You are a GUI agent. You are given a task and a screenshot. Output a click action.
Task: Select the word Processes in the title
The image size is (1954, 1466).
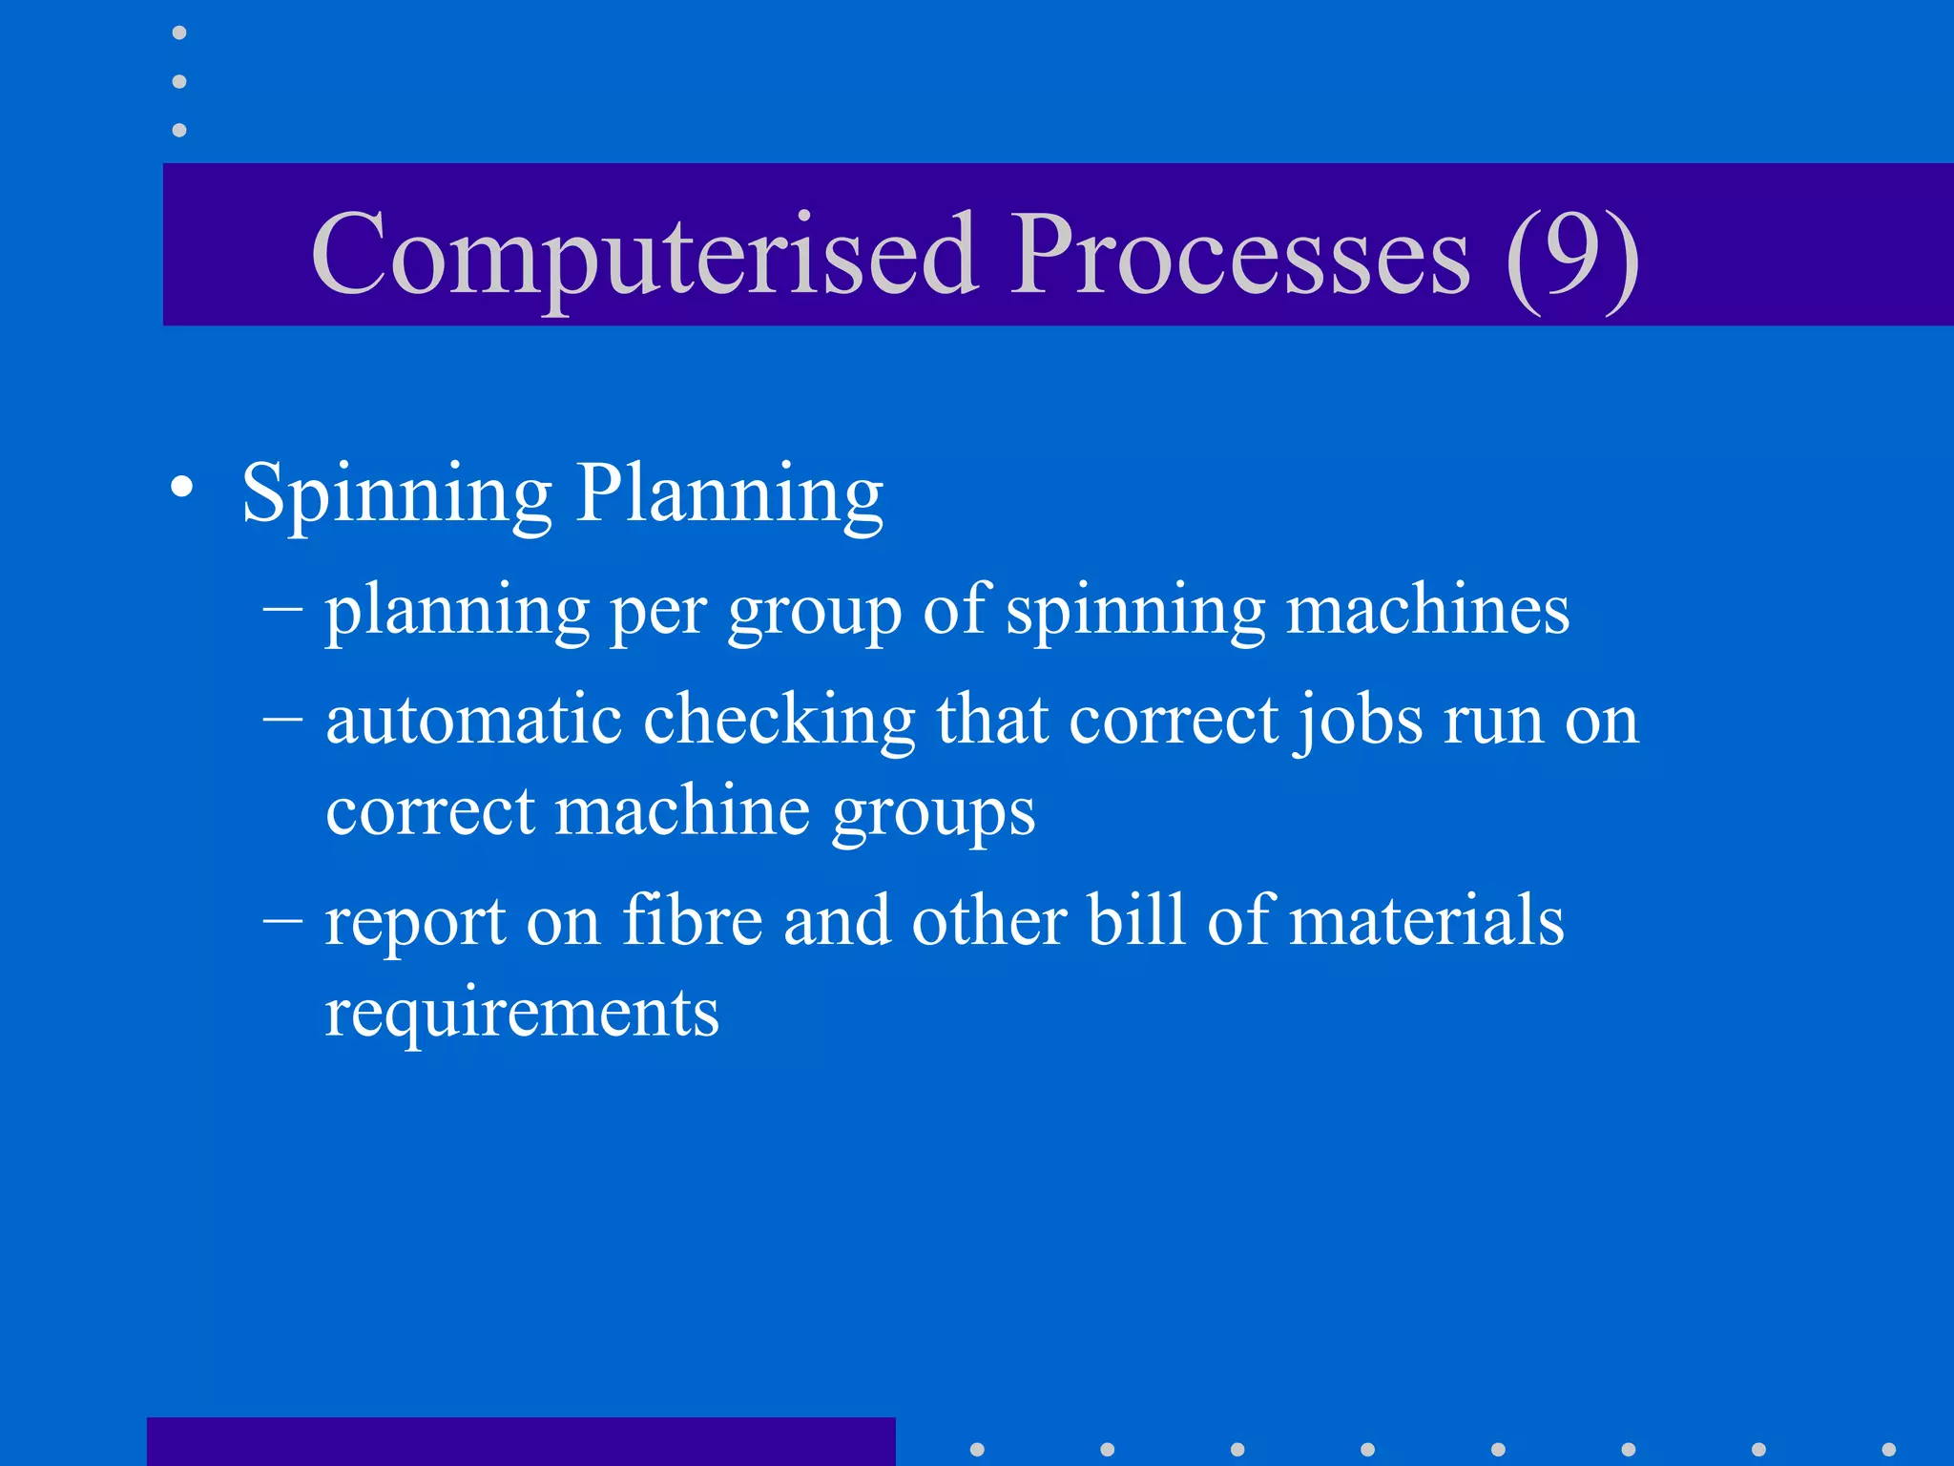pyautogui.click(x=1240, y=256)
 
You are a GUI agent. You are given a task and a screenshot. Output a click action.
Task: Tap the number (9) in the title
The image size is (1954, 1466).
pyautogui.click(x=1572, y=256)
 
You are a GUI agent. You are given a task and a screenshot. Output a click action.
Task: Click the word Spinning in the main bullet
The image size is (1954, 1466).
pyautogui.click(x=397, y=495)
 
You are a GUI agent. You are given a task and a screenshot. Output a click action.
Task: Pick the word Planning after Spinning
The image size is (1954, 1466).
pyautogui.click(x=730, y=495)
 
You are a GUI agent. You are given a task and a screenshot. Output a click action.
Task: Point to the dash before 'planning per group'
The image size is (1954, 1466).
pyautogui.click(x=282, y=609)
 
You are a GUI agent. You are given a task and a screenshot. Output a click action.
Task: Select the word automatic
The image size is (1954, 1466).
pyautogui.click(x=474, y=720)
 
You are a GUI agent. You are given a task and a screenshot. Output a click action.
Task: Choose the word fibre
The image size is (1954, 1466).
pyautogui.click(x=692, y=921)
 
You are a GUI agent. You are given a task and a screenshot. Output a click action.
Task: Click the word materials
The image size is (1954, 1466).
pyautogui.click(x=1425, y=921)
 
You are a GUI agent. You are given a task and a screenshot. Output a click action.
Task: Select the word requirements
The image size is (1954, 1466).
pyautogui.click(x=522, y=1014)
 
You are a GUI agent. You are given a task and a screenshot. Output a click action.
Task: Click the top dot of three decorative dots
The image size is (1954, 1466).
pyautogui.click(x=179, y=33)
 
